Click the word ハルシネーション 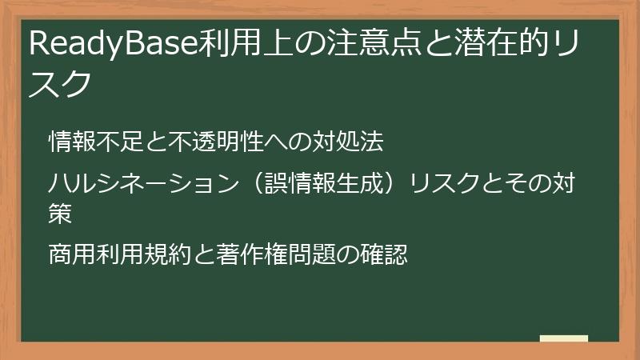[138, 186]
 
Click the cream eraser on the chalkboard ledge [563, 338]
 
